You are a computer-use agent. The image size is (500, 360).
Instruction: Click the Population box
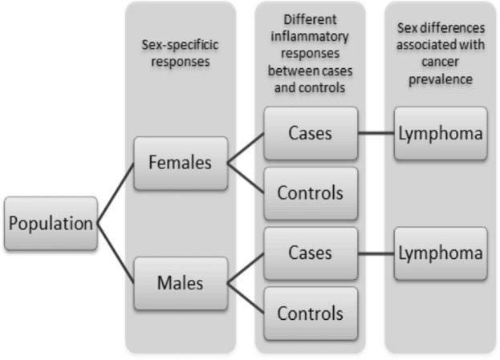pyautogui.click(x=50, y=224)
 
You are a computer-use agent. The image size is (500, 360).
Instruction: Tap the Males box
pyautogui.click(x=181, y=283)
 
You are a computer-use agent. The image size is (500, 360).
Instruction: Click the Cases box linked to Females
pyautogui.click(x=311, y=133)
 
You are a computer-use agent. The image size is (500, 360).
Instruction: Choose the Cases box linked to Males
pyautogui.click(x=311, y=253)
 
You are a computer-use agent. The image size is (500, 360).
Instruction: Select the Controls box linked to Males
pyautogui.click(x=311, y=313)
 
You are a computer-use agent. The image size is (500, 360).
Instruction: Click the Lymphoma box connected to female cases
pyautogui.click(x=441, y=133)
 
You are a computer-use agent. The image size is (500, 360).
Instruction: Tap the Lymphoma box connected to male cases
pyautogui.click(x=441, y=253)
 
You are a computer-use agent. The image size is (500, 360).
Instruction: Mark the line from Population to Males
pyautogui.click(x=116, y=253)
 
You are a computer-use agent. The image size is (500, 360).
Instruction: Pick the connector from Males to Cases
pyautogui.click(x=246, y=269)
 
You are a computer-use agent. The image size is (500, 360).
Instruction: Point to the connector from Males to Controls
pyautogui.click(x=246, y=298)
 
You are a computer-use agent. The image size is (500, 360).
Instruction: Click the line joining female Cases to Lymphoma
pyautogui.click(x=376, y=133)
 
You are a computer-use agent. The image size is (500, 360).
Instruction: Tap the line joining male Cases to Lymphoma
pyautogui.click(x=376, y=253)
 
